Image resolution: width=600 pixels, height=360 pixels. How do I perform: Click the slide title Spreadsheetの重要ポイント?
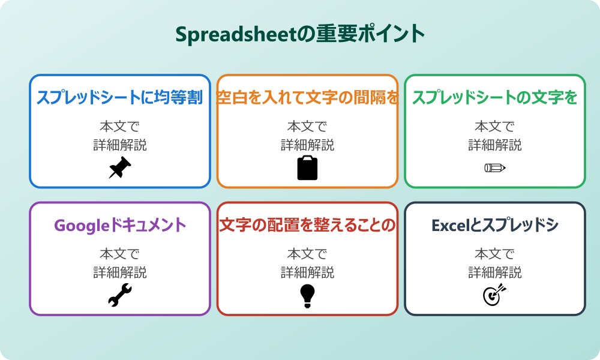pyautogui.click(x=300, y=34)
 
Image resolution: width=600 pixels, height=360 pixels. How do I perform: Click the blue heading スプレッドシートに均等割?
pyautogui.click(x=120, y=98)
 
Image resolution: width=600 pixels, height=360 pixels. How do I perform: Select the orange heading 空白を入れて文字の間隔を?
pyautogui.click(x=307, y=98)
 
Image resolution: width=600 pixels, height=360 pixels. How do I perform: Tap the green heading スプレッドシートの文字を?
pyautogui.click(x=494, y=98)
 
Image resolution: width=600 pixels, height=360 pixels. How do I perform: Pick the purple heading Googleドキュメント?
pyautogui.click(x=120, y=226)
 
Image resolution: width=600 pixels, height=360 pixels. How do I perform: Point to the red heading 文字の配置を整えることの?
pyautogui.click(x=307, y=226)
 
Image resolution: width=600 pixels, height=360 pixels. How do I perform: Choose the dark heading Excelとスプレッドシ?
pyautogui.click(x=494, y=226)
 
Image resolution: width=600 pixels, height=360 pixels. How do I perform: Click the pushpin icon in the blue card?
pyautogui.click(x=120, y=168)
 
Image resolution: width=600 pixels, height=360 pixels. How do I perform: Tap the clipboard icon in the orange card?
pyautogui.click(x=307, y=168)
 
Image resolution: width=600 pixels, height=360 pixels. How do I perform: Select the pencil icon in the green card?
pyautogui.click(x=494, y=167)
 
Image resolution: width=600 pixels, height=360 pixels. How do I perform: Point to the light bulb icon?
pyautogui.click(x=307, y=296)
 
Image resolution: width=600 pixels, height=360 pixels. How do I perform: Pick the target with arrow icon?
pyautogui.click(x=494, y=295)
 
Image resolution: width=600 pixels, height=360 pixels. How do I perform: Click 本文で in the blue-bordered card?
pyautogui.click(x=120, y=127)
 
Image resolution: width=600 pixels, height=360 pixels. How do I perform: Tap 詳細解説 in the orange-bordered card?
pyautogui.click(x=307, y=145)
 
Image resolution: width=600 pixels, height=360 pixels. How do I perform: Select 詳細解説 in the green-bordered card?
pyautogui.click(x=494, y=145)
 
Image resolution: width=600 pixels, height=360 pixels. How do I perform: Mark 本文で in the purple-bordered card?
pyautogui.click(x=120, y=254)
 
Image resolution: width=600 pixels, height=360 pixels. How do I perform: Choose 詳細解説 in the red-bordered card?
pyautogui.click(x=307, y=273)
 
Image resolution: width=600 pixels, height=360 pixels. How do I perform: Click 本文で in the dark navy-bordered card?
pyautogui.click(x=494, y=254)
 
